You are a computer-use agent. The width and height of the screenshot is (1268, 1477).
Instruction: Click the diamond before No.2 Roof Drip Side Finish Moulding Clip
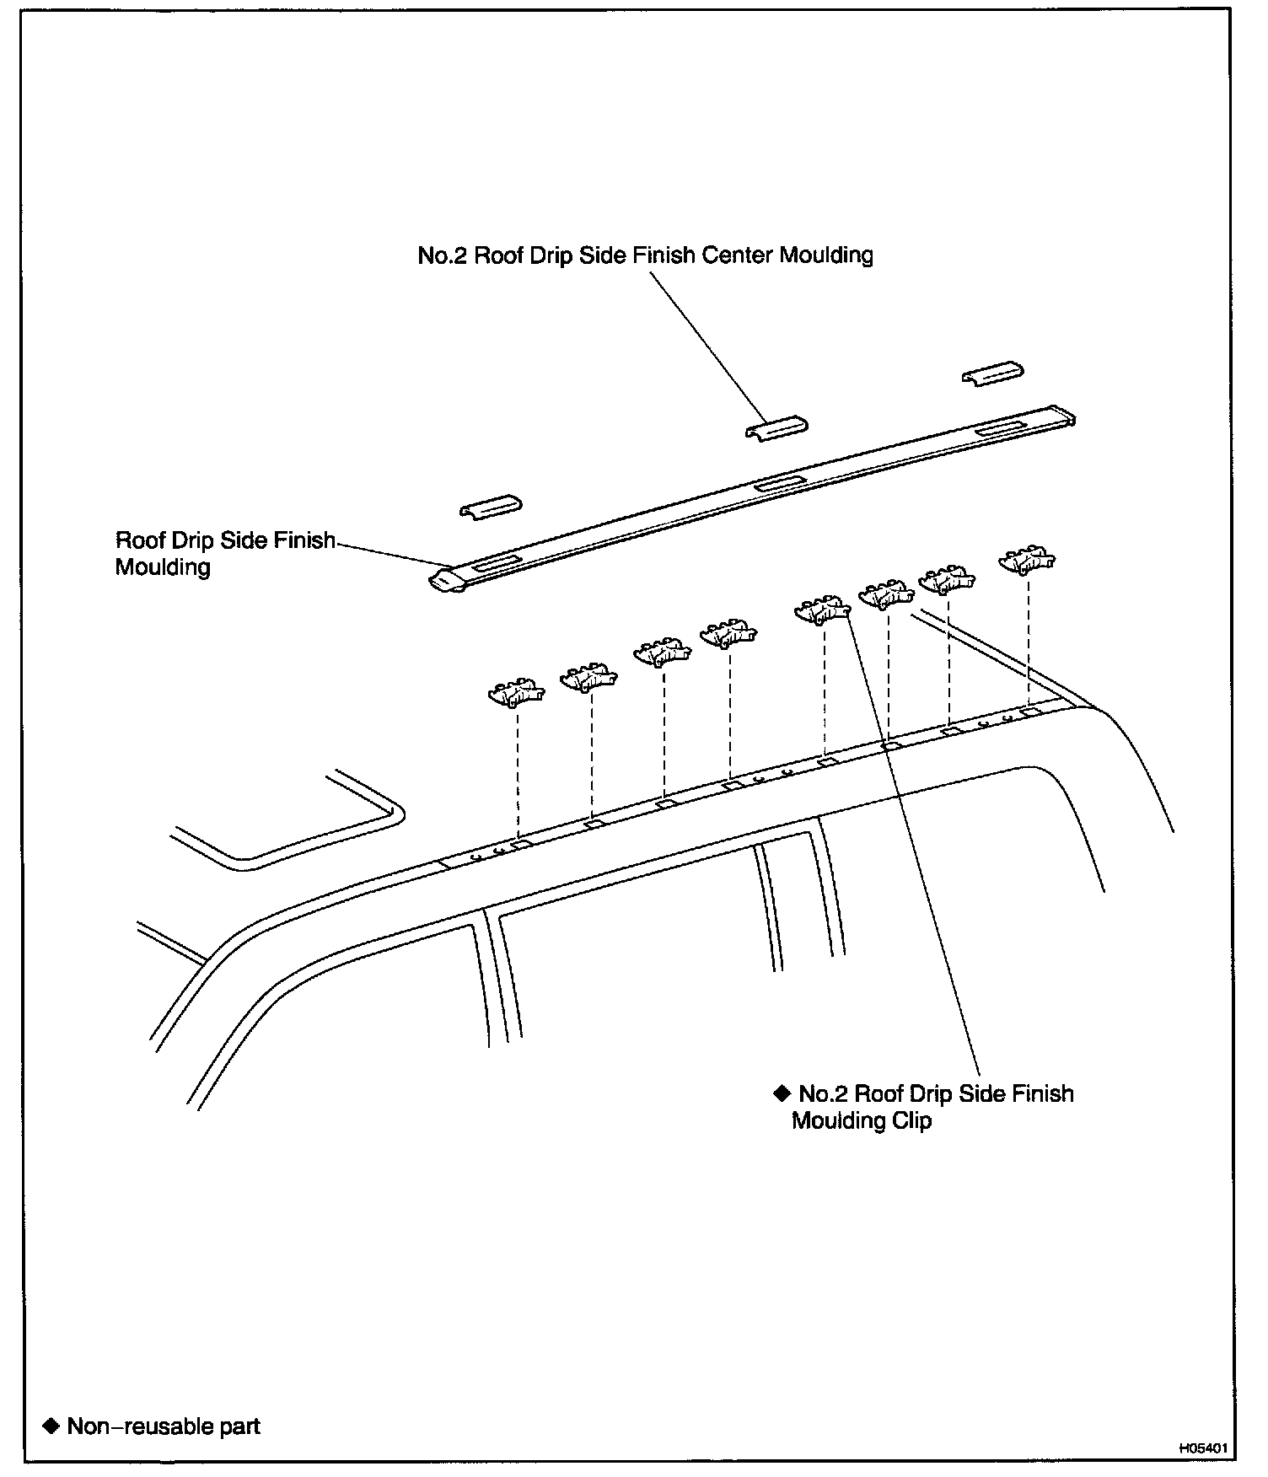[x=782, y=1093]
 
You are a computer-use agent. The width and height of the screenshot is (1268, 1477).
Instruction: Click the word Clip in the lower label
[x=909, y=1122]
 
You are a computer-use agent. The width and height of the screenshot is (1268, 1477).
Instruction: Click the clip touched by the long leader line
[x=823, y=610]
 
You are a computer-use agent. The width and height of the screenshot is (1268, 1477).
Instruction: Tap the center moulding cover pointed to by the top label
[x=776, y=428]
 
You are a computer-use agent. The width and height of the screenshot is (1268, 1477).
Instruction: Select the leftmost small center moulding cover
[x=491, y=507]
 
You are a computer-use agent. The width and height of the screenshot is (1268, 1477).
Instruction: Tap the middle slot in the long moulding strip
[x=781, y=483]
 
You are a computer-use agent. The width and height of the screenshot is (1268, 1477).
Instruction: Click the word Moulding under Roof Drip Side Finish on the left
[x=163, y=567]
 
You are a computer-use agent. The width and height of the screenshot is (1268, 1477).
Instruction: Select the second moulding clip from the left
[x=589, y=677]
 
